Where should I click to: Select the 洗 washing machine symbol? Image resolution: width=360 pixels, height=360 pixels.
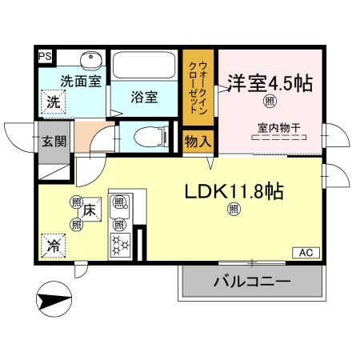52,102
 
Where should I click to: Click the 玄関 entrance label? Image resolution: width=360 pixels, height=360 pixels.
54,143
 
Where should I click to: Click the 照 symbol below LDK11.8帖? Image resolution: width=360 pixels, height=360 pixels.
234,210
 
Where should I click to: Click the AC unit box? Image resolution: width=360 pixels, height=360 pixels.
305,253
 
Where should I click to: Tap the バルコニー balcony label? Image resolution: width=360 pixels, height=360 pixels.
251,282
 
